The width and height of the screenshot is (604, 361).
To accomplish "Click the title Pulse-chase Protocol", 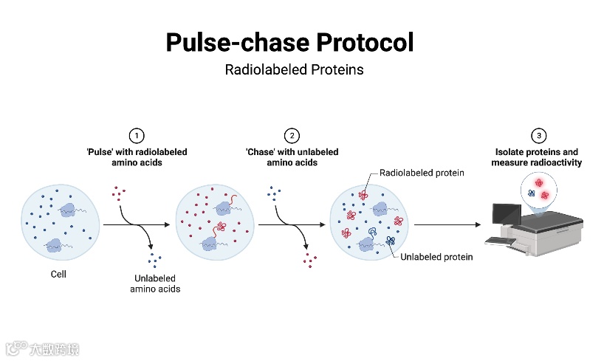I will click(x=289, y=42).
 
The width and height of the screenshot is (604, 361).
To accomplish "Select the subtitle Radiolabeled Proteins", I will click(x=294, y=71).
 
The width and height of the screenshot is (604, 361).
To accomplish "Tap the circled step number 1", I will click(x=137, y=136).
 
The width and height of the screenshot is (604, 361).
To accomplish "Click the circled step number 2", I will click(x=292, y=136).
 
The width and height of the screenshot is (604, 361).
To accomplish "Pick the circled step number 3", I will click(x=540, y=136).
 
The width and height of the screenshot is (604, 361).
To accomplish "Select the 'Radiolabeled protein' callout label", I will click(x=422, y=173).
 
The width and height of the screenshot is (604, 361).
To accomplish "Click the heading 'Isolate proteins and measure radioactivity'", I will click(x=540, y=157).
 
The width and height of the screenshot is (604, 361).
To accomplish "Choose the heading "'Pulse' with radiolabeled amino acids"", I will click(x=137, y=157).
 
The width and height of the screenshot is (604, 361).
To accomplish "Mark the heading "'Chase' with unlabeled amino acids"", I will click(x=292, y=157).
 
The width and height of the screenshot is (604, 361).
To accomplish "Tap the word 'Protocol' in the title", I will click(x=365, y=42).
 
